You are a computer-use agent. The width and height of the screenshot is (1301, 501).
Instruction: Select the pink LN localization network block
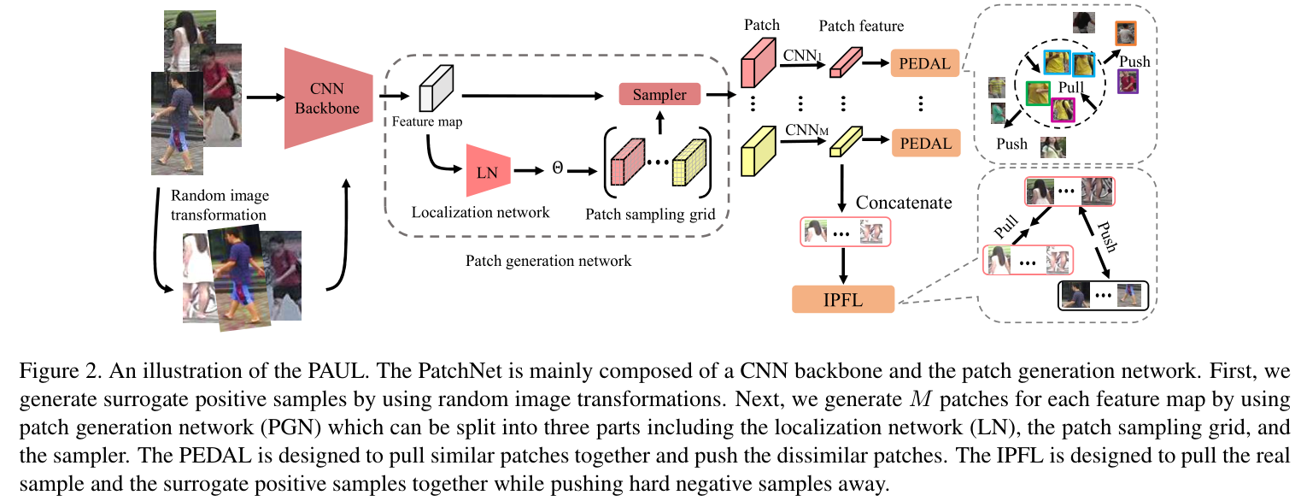tap(488, 171)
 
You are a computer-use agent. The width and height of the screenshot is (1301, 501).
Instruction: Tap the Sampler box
tap(659, 95)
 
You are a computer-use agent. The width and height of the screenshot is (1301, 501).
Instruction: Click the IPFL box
tap(842, 299)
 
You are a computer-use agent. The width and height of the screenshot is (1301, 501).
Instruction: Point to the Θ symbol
tap(558, 170)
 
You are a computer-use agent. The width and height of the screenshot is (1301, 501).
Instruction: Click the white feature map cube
tap(439, 87)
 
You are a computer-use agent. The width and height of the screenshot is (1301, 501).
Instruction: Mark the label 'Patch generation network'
tap(548, 260)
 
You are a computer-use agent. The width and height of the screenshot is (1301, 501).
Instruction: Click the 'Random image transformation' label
tap(219, 204)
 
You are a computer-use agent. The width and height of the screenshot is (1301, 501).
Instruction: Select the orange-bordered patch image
tap(1126, 33)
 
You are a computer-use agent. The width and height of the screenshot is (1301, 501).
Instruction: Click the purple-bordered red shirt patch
tap(1128, 82)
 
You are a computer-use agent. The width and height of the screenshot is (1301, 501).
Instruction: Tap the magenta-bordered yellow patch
tap(1063, 110)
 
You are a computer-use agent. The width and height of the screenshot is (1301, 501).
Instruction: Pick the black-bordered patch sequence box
tap(1104, 295)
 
